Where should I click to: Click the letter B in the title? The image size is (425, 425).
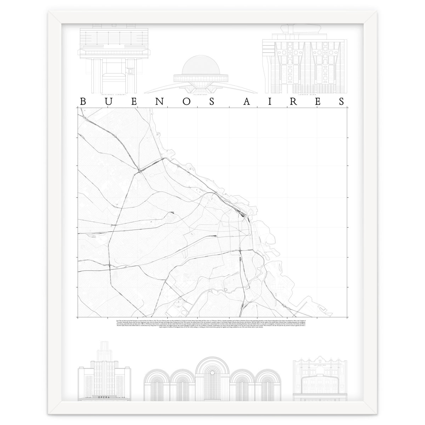(83, 102)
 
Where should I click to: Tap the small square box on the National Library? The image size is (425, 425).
(130, 71)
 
